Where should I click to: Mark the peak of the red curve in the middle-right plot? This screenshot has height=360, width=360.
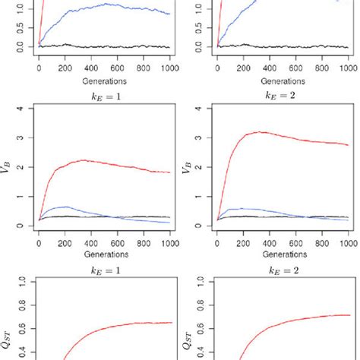(259, 132)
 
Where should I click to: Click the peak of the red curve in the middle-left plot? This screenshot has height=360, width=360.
(83, 160)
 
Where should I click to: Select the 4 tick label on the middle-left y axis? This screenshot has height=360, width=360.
(27, 109)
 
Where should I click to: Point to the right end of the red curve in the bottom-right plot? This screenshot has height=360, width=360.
(349, 315)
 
